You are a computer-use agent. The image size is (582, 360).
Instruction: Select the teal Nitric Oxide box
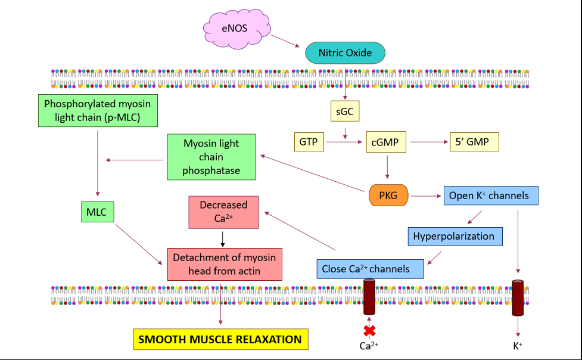pos(345,52)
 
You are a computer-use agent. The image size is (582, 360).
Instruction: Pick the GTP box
pos(309,142)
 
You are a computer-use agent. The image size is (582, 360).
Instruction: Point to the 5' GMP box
pos(474,142)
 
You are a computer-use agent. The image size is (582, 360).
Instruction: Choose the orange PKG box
pos(389,195)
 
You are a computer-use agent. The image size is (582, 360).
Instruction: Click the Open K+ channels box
pos(490,195)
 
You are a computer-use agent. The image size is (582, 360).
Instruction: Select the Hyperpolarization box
pos(454,236)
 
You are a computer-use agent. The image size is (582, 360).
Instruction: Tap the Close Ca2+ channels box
pos(370,269)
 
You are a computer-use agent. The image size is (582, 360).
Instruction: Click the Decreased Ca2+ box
pos(223,212)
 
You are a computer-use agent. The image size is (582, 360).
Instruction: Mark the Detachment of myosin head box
pos(224,264)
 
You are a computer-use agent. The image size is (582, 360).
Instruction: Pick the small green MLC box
pos(97,212)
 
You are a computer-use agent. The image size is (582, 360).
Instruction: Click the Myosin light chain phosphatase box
pos(211,157)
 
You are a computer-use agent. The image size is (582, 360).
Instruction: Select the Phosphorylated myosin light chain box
pos(98,110)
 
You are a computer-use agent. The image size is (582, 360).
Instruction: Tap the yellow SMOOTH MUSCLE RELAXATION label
pos(220,339)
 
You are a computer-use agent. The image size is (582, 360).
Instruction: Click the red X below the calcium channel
pos(370,330)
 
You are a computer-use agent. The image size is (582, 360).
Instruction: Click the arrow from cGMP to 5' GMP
pos(429,142)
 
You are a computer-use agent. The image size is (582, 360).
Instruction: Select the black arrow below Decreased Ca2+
pos(222,238)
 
